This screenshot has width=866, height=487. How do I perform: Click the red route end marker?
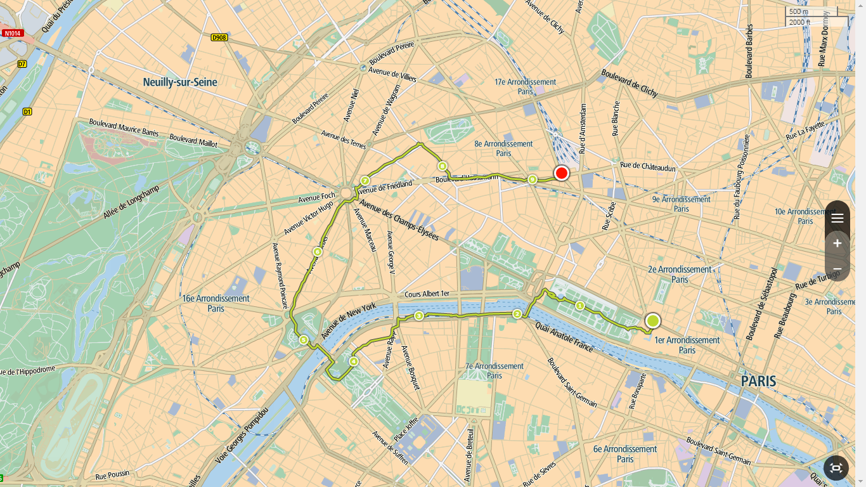point(561,173)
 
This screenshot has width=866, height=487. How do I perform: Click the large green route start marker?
point(653,321)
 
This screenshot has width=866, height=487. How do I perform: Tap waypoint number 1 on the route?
point(579,306)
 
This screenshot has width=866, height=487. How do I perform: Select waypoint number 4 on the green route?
point(353,361)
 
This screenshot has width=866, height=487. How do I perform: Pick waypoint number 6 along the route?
point(318,252)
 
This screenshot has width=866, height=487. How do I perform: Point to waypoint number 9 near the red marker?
point(532,179)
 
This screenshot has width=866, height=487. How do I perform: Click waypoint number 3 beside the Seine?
point(418,316)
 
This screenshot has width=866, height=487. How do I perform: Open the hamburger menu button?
point(837,218)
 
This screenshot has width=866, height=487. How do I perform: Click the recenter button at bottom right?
point(836,468)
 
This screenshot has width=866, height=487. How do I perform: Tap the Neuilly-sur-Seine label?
point(180,82)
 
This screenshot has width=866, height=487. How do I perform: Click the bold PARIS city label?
point(758,381)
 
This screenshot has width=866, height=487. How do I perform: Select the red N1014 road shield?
point(12,33)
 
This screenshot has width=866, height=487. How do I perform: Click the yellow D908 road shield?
point(219,38)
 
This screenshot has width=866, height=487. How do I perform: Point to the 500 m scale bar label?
point(799,11)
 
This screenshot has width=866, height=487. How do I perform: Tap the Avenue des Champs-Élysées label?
point(399,220)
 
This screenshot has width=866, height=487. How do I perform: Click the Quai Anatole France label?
point(564,337)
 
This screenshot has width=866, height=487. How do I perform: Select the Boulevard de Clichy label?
point(630,83)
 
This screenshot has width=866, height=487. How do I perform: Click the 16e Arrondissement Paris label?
point(216,303)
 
